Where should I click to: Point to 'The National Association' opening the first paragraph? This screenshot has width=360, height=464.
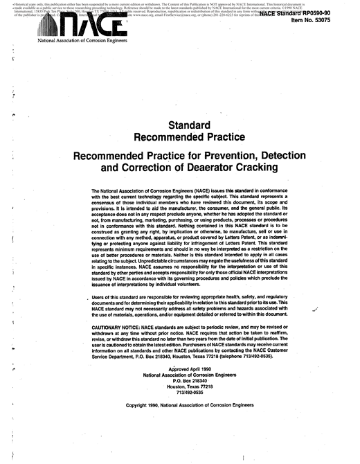click(127, 190)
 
